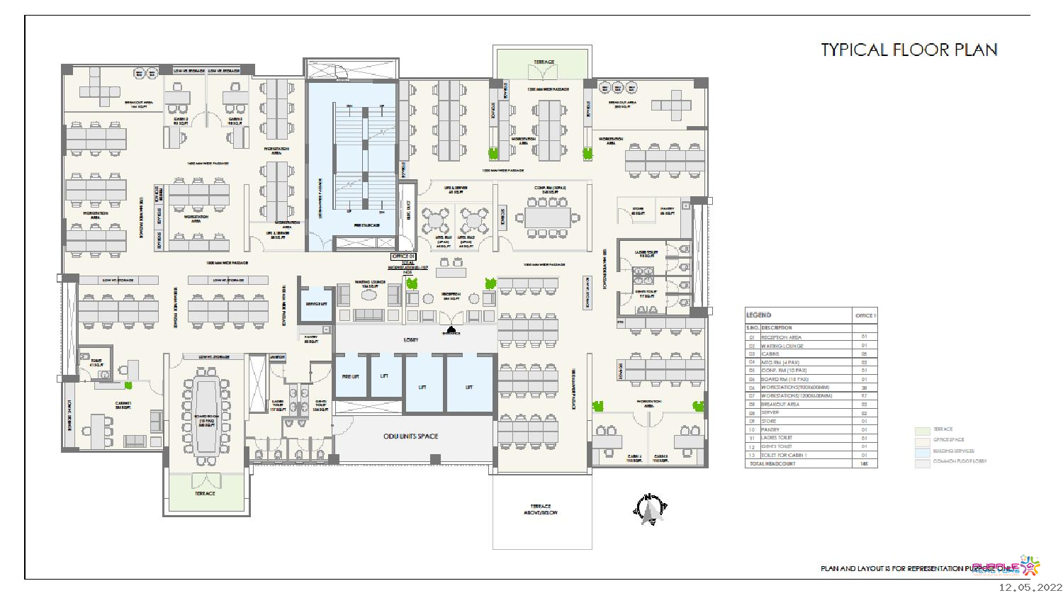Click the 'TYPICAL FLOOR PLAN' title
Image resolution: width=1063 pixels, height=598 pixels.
pyautogui.click(x=909, y=50)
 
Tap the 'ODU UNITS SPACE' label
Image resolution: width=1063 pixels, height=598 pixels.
pyautogui.click(x=410, y=436)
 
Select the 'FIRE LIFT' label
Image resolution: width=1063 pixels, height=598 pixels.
pyautogui.click(x=349, y=376)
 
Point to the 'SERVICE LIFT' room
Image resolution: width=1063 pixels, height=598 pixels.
pyautogui.click(x=315, y=304)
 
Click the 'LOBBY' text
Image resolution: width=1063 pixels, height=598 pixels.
pyautogui.click(x=411, y=340)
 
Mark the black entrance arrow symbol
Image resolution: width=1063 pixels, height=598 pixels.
pyautogui.click(x=451, y=328)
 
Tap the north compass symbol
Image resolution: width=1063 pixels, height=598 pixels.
pyautogui.click(x=648, y=509)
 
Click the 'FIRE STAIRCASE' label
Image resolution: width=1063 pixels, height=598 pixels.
pyautogui.click(x=366, y=225)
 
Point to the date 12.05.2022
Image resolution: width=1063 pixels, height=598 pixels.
pyautogui.click(x=1031, y=587)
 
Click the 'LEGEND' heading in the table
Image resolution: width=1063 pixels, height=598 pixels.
pyautogui.click(x=758, y=315)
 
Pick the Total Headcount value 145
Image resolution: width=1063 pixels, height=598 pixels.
pyautogui.click(x=865, y=463)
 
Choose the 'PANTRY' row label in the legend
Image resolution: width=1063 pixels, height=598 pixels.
pyautogui.click(x=770, y=429)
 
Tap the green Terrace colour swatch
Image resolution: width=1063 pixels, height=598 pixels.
pyautogui.click(x=922, y=429)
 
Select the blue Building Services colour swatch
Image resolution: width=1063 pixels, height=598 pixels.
pyautogui.click(x=922, y=451)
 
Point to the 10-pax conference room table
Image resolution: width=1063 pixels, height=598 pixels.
pyautogui.click(x=547, y=218)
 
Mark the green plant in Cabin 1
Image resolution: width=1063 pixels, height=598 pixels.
pyautogui.click(x=129, y=385)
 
